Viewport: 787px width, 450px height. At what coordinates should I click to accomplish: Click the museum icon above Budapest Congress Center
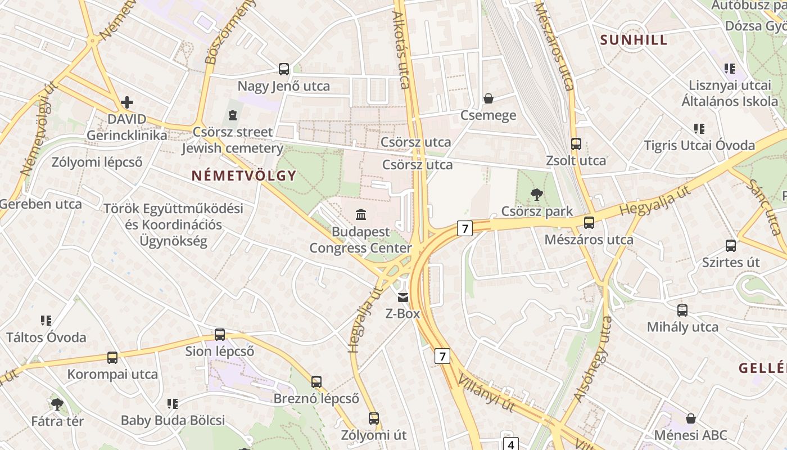(x=361, y=214)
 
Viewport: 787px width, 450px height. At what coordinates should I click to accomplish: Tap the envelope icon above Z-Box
(x=403, y=297)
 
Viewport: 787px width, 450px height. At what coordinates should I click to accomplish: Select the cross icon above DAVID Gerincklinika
(x=127, y=102)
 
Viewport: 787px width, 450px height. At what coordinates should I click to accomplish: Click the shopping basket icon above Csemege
(x=489, y=98)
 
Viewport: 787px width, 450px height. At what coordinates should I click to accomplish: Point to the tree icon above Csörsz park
(x=536, y=195)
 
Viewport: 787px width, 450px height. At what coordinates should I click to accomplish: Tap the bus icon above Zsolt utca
(x=576, y=143)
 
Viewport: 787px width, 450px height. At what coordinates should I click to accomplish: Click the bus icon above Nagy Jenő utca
(x=284, y=69)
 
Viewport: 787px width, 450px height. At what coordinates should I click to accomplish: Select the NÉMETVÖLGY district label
(x=243, y=175)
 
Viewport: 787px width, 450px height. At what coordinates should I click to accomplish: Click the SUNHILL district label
(x=634, y=40)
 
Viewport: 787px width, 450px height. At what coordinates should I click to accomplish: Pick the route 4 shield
(x=510, y=444)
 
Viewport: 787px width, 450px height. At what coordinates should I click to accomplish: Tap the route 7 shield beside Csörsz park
(x=464, y=228)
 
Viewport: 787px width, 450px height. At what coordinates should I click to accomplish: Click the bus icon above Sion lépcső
(x=220, y=335)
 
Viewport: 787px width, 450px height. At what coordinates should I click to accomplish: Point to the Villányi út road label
(x=486, y=392)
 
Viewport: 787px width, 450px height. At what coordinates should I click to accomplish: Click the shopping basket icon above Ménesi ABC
(x=691, y=418)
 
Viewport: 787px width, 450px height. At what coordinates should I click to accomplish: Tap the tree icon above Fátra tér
(x=57, y=404)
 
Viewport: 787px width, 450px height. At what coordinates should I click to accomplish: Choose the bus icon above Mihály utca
(x=682, y=310)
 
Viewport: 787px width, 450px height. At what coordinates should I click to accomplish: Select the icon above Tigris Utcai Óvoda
(x=699, y=129)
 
